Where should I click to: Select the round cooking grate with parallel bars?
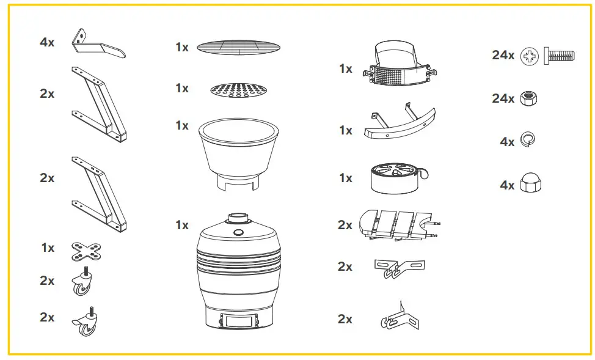tap(238, 46)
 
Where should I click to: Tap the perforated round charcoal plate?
tap(238, 90)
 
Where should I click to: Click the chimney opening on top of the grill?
tap(238, 216)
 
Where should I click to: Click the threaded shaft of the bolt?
tap(560, 57)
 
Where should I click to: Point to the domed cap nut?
tap(529, 183)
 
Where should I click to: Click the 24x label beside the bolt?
tap(503, 56)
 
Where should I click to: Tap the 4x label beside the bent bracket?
tap(47, 43)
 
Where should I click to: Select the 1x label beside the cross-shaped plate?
tap(48, 248)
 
